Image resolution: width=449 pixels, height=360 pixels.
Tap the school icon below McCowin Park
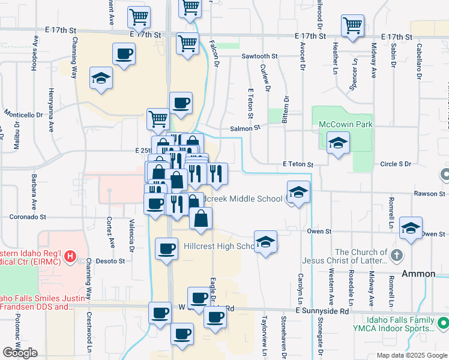pyautogui.click(x=339, y=143)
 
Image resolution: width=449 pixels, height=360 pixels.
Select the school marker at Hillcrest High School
pyautogui.click(x=265, y=242)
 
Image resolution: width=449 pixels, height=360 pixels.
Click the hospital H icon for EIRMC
pyautogui.click(x=70, y=257)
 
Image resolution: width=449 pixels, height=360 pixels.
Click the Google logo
pyautogui.click(x=20, y=353)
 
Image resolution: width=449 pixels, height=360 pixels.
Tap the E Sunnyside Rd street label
pyautogui.click(x=322, y=311)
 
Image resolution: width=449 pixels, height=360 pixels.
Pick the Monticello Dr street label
pyautogui.click(x=23, y=113)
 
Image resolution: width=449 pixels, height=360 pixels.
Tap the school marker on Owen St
pyautogui.click(x=411, y=228)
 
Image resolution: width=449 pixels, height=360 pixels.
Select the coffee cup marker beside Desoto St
pyautogui.click(x=166, y=248)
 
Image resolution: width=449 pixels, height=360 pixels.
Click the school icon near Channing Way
pyautogui.click(x=101, y=78)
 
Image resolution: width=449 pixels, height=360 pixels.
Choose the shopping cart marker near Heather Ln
pyautogui.click(x=352, y=26)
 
